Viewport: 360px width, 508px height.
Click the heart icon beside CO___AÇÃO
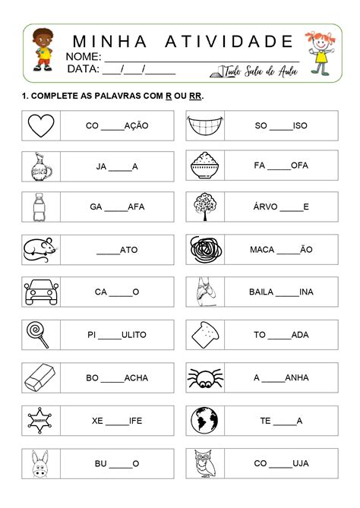(41, 125)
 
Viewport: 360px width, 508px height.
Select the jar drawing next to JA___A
(41, 166)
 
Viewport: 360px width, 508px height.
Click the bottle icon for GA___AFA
(41, 207)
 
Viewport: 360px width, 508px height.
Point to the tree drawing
(204, 207)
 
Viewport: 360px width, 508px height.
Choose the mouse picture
(41, 248)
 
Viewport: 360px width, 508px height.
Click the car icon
(41, 291)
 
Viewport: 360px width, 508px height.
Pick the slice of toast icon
(204, 333)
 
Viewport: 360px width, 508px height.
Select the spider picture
(204, 377)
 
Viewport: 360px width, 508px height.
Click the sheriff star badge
(40, 419)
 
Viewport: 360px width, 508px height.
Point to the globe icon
(204, 419)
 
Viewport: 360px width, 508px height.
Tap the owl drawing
(204, 462)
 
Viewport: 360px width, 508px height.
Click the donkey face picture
(41, 462)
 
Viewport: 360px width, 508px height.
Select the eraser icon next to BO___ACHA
(41, 377)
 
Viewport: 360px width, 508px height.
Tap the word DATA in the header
(83, 69)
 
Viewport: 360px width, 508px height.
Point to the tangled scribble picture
(204, 248)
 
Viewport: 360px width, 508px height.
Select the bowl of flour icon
(204, 165)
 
